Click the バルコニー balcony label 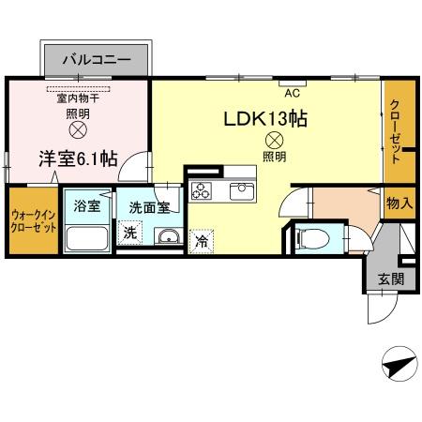pos(97,59)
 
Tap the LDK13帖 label pos(265,118)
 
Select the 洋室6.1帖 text pos(78,158)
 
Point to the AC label pos(293,93)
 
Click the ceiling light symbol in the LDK pos(274,141)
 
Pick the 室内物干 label pos(78,98)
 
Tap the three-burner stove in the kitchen pos(202,190)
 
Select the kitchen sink pos(242,190)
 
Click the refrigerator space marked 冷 pos(202,241)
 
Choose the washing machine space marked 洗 pos(130,233)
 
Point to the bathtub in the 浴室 pos(87,238)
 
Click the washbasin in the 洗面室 pos(169,236)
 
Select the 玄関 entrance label pos(391,279)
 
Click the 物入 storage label pos(399,203)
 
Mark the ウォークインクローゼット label pos(34,221)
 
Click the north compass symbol pos(399,364)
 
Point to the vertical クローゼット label pos(396,131)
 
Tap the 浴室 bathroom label pos(87,206)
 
